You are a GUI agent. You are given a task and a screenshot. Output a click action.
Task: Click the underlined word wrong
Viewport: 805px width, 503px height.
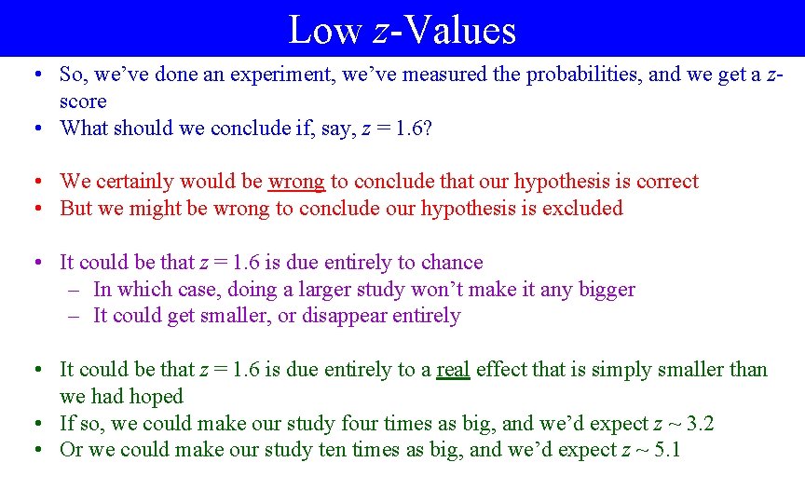296,182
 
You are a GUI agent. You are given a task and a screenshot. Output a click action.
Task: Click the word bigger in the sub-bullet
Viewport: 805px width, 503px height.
606,290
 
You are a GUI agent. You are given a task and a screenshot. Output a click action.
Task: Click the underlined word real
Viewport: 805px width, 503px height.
453,370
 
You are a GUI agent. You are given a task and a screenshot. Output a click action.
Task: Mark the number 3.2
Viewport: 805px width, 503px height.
698,424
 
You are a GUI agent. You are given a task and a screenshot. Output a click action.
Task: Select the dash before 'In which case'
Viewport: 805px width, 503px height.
74,290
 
